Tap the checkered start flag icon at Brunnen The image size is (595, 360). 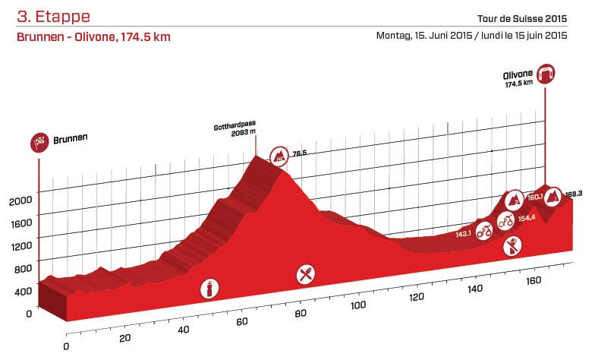click(39, 141)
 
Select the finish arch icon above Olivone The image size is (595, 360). click(545, 74)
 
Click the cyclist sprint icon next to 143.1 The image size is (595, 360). click(483, 232)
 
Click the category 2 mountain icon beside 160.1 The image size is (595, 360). click(514, 199)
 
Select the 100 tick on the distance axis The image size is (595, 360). click(360, 305)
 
